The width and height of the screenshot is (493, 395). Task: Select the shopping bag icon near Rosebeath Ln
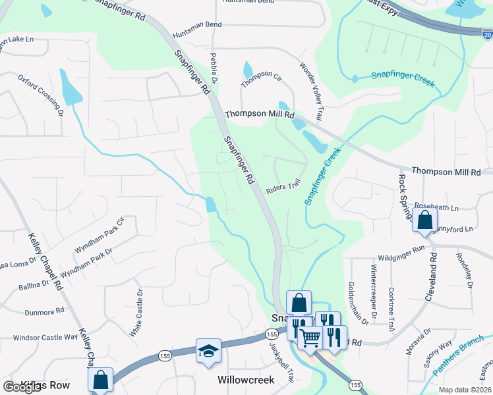pyautogui.click(x=425, y=221)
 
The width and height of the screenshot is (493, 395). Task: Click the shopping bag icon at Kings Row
pyautogui.click(x=100, y=380)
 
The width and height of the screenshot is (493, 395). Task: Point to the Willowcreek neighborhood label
pyautogui.click(x=246, y=381)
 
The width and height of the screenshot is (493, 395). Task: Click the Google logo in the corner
pyautogui.click(x=22, y=387)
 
